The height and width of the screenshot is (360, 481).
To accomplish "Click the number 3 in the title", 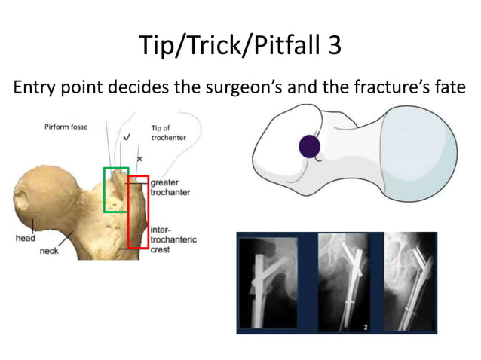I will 332,46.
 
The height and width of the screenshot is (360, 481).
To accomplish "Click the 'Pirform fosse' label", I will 66,127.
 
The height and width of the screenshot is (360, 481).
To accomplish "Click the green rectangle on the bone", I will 116,189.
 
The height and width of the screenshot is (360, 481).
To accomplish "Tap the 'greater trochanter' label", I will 170,187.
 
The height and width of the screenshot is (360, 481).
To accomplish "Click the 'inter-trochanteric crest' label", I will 173,239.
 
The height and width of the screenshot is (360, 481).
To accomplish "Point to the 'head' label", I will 26,238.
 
